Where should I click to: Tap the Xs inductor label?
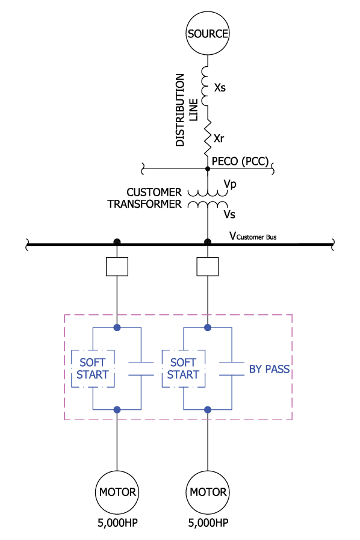click(x=220, y=88)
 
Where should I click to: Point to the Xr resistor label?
click(x=219, y=138)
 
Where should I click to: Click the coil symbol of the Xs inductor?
click(x=205, y=86)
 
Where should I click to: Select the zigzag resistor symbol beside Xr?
click(x=207, y=138)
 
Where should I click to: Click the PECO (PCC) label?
click(x=240, y=161)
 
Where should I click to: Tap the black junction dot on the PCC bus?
click(x=207, y=169)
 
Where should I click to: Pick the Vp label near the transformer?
click(x=230, y=184)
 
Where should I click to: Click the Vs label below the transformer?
click(x=229, y=214)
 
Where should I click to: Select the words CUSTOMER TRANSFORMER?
click(x=144, y=198)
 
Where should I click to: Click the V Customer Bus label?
click(x=253, y=236)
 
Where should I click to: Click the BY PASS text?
click(x=269, y=369)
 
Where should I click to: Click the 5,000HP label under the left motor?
click(x=117, y=523)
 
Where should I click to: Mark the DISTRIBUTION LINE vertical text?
click(x=187, y=110)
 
